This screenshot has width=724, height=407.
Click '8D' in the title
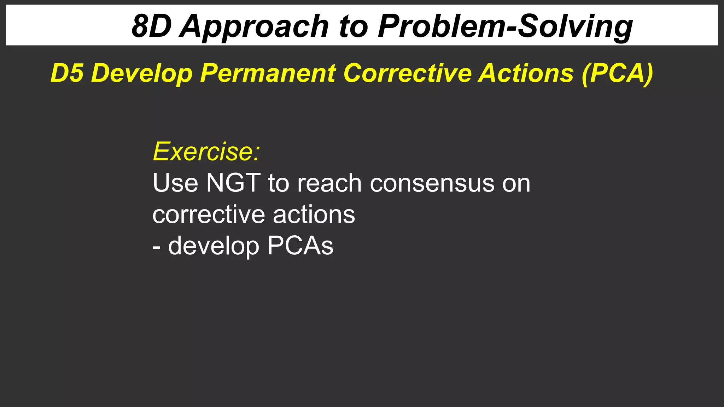151,26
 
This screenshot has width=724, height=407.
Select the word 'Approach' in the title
255,26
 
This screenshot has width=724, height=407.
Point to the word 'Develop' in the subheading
142,73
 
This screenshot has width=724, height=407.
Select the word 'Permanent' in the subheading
268,73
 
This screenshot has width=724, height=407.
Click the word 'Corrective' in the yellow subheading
408,73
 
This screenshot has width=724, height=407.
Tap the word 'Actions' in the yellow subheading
526,73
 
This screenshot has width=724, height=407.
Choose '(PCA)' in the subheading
617,73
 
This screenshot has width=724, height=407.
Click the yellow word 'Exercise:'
206,152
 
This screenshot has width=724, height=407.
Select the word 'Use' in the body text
175,183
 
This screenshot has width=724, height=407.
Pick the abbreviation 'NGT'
233,183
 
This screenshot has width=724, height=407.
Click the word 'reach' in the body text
329,183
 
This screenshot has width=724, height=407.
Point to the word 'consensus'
432,183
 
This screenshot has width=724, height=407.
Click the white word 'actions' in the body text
314,214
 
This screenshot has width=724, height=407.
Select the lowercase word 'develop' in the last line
214,246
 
